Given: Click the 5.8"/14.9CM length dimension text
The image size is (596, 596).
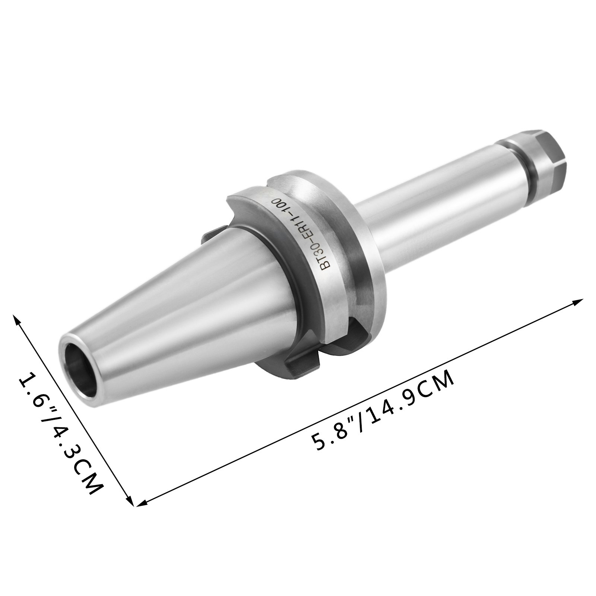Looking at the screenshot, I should (x=384, y=410).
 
